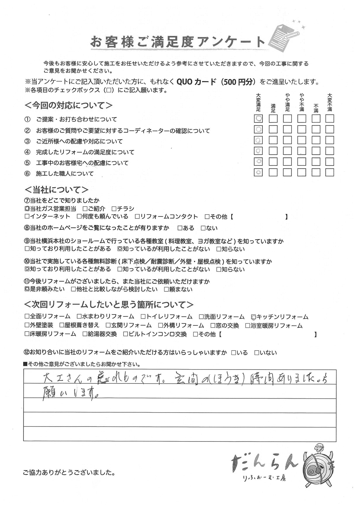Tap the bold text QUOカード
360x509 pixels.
196,82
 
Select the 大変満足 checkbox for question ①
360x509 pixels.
258,118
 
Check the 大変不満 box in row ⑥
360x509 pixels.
329,172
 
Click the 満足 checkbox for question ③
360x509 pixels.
273,140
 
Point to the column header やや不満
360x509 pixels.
301,102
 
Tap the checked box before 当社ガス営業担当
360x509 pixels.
27,209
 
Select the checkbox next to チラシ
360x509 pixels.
114,209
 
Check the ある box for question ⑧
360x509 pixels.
180,228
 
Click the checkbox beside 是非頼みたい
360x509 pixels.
27,289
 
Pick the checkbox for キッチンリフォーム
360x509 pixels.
253,317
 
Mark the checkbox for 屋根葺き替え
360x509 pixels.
61,325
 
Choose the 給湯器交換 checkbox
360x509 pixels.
85,334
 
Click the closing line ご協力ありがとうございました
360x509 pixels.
69,472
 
